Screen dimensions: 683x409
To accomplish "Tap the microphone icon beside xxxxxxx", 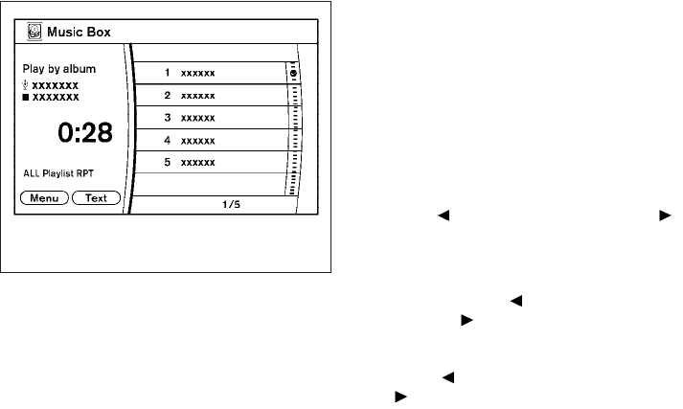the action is click(x=26, y=84).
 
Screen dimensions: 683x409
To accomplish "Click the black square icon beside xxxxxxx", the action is click(x=26, y=97).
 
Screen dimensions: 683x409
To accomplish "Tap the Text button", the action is click(x=96, y=198).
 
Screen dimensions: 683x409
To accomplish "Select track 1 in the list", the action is click(x=206, y=73).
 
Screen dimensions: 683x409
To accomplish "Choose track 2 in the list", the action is click(x=206, y=96).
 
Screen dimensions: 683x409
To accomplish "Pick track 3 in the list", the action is click(x=206, y=118).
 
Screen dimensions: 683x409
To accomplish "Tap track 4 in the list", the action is click(x=206, y=140).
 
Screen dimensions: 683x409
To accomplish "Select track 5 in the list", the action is click(x=206, y=162).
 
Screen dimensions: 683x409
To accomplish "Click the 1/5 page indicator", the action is click(x=230, y=204).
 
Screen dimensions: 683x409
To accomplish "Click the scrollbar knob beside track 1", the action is click(x=292, y=74).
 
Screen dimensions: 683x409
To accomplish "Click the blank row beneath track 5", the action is click(x=206, y=184).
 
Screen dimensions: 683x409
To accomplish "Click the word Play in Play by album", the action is click(x=34, y=71).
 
